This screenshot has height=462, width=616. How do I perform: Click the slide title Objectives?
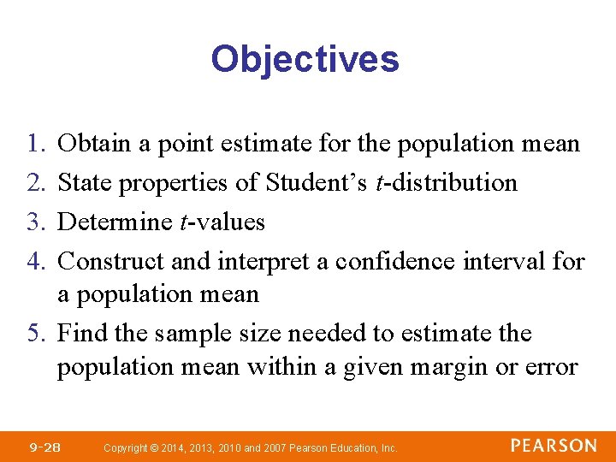pos(305,60)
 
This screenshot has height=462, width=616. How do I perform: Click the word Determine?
pos(115,222)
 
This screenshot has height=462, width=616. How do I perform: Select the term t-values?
pos(222,222)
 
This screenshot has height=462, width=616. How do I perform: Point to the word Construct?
pos(109,261)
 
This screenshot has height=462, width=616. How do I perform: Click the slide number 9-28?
pos(44,447)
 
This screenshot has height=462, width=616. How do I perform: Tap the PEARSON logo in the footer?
pos(554,446)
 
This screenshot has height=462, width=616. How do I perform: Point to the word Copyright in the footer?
pos(124,447)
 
